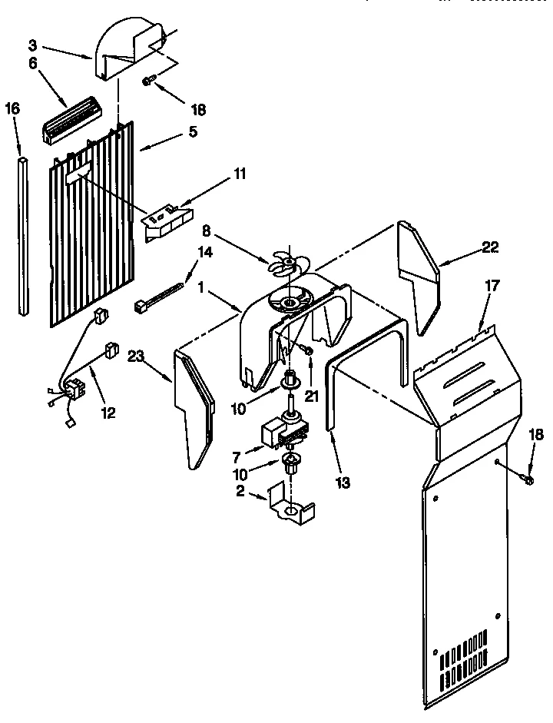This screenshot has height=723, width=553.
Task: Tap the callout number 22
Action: click(489, 247)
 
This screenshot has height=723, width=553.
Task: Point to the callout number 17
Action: click(492, 285)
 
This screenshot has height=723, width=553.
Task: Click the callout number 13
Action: click(343, 483)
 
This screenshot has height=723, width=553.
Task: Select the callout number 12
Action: click(108, 413)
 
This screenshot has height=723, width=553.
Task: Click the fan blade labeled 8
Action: click(283, 264)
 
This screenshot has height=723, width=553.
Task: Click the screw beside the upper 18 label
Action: click(151, 80)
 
